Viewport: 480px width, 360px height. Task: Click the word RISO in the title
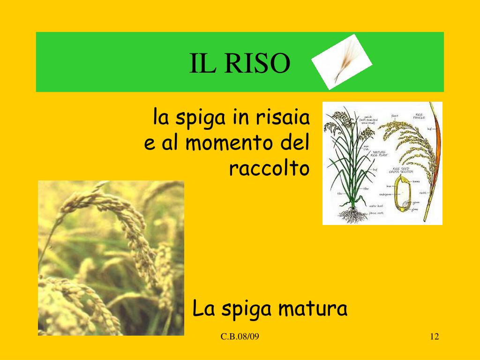[257, 64]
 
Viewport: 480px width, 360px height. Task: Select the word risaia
[283, 118]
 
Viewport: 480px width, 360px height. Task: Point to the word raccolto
[270, 168]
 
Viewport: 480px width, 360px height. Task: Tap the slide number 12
[434, 337]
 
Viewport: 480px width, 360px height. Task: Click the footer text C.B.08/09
[239, 337]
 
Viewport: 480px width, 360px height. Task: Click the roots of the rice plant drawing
[352, 215]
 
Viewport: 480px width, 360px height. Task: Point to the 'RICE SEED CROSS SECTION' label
[398, 171]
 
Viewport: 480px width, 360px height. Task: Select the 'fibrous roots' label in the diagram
[377, 212]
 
